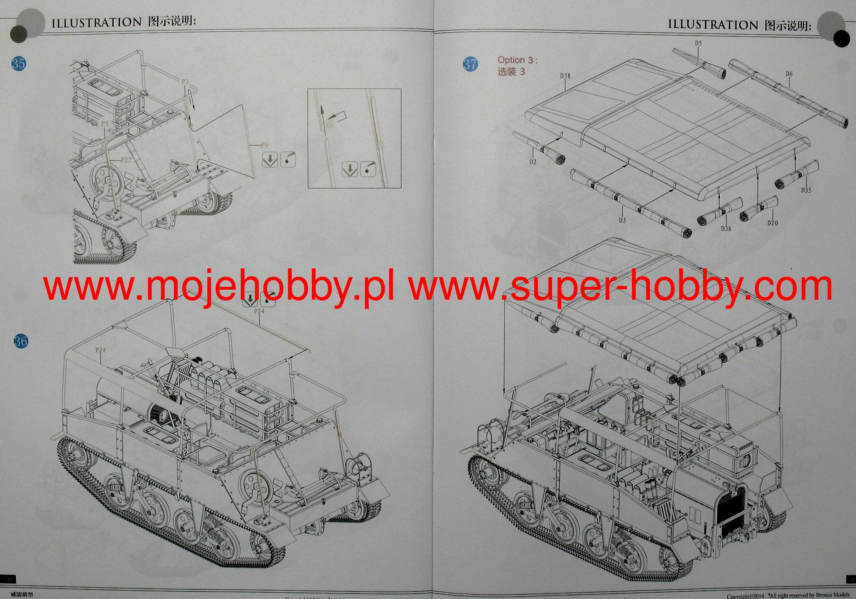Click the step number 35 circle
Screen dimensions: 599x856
tap(18, 64)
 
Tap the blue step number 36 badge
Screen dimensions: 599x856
tap(21, 341)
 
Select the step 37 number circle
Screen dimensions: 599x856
tap(470, 64)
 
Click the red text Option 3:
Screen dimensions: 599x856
tap(517, 60)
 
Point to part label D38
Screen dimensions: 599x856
tap(565, 76)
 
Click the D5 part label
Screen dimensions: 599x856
tap(698, 43)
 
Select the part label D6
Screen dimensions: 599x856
tap(788, 74)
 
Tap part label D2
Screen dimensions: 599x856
tap(532, 162)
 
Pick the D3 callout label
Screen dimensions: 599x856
tap(622, 220)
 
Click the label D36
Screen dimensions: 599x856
tap(726, 228)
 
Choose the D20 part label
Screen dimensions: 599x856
tap(772, 223)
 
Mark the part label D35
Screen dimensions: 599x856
tap(806, 190)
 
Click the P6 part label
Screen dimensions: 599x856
tap(264, 145)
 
